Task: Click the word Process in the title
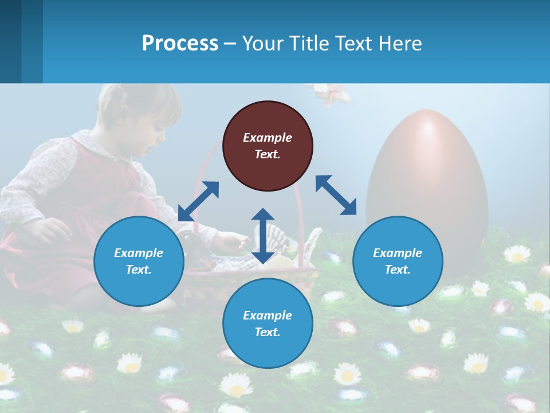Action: (180, 43)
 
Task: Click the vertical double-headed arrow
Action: (263, 236)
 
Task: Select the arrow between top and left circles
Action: (198, 201)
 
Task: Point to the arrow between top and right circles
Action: (336, 195)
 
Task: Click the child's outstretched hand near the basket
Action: (232, 244)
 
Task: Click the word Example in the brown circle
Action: (268, 138)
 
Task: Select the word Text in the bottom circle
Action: (267, 332)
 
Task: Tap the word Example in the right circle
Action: (398, 253)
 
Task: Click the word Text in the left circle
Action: (138, 270)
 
